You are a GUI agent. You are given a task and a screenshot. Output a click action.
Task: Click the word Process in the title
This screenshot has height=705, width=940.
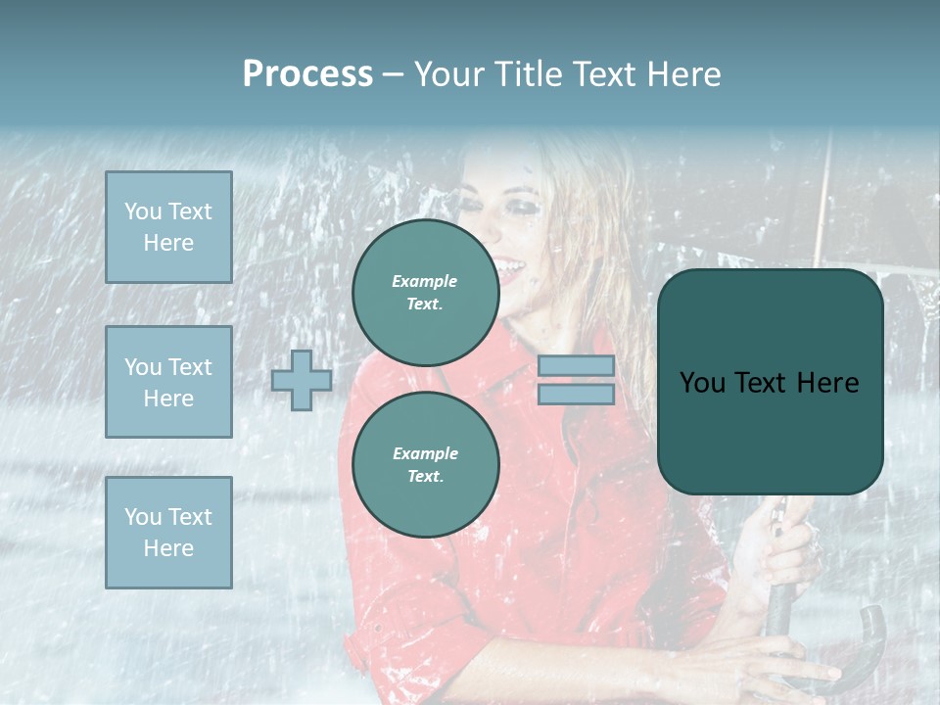click(307, 74)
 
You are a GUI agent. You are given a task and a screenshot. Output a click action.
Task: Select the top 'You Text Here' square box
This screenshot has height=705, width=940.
click(168, 227)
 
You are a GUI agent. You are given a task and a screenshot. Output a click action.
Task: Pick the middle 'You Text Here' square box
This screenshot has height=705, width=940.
click(168, 382)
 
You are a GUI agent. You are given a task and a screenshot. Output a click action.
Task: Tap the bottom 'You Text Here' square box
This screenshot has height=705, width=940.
click(168, 532)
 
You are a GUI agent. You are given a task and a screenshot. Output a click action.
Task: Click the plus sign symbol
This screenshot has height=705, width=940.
click(302, 380)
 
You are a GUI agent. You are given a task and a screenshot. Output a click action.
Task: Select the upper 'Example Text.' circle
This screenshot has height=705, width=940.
click(425, 293)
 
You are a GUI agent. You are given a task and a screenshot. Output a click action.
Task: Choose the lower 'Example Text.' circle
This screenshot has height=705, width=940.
click(425, 465)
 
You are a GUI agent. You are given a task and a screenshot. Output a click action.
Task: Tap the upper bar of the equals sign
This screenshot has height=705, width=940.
click(576, 366)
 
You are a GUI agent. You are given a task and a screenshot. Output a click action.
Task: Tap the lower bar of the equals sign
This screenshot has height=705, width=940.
click(576, 395)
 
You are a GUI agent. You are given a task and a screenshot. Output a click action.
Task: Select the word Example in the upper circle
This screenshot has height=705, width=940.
click(425, 281)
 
